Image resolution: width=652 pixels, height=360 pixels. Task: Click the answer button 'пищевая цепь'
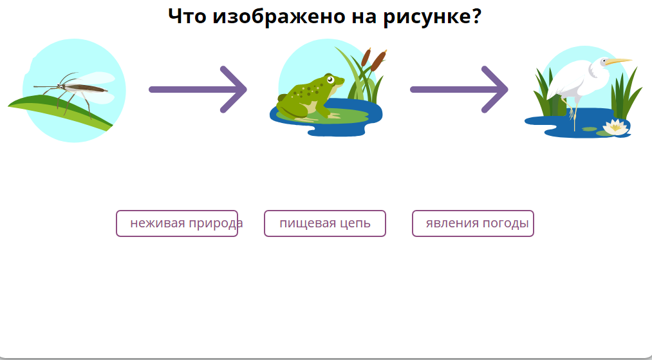(324, 223)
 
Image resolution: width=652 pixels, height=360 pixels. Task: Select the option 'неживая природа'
(177, 223)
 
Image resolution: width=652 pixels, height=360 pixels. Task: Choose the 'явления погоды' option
(473, 223)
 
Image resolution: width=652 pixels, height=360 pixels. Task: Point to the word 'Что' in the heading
(187, 16)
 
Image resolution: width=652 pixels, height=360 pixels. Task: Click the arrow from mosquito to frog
(198, 90)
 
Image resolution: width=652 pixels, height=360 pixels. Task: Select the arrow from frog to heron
(459, 90)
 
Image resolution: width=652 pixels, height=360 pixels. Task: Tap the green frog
(309, 97)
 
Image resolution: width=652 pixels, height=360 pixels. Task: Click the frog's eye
(331, 80)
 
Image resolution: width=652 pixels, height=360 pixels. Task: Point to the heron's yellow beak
(619, 62)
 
